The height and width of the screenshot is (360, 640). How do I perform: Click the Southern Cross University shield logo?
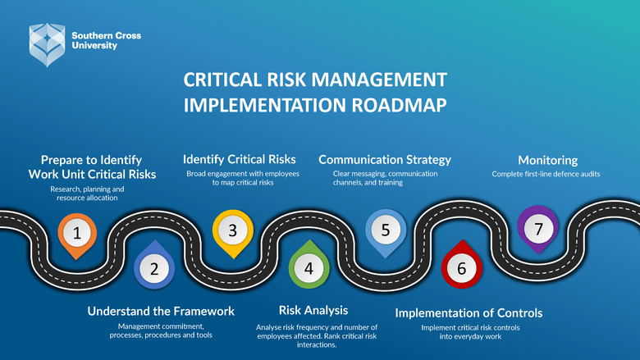point(47,43)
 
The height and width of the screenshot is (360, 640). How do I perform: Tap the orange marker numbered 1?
point(77,233)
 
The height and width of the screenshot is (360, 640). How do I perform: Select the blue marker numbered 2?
point(153,267)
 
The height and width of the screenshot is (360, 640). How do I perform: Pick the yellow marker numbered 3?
point(233,230)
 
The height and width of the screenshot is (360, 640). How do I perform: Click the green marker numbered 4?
point(309,267)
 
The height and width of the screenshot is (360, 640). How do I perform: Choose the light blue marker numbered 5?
point(386,230)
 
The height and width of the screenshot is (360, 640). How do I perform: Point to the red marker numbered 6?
point(461,267)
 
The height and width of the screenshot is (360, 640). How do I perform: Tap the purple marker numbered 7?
point(538,229)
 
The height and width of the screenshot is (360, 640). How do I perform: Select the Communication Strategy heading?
point(385,159)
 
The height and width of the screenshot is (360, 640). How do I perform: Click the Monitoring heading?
point(547,160)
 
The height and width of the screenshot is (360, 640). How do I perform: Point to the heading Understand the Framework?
point(161,312)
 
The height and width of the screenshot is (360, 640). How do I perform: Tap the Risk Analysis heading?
point(313,310)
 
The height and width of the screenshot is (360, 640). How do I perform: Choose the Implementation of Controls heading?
point(469,313)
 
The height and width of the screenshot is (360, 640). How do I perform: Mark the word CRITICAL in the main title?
point(223,80)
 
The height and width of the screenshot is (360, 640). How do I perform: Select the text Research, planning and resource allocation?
point(86,194)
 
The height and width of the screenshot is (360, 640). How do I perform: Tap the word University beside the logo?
point(94,46)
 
